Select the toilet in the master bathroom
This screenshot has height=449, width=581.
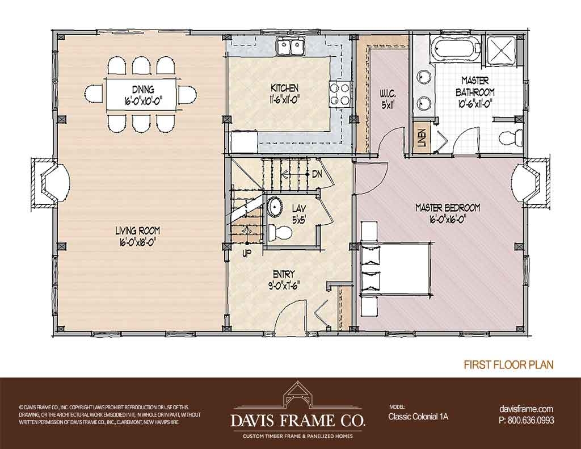(511, 136)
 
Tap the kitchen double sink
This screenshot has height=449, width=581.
(289, 46)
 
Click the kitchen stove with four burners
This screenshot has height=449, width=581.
(339, 91)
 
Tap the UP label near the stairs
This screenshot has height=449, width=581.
(246, 253)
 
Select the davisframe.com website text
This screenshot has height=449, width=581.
(525, 409)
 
